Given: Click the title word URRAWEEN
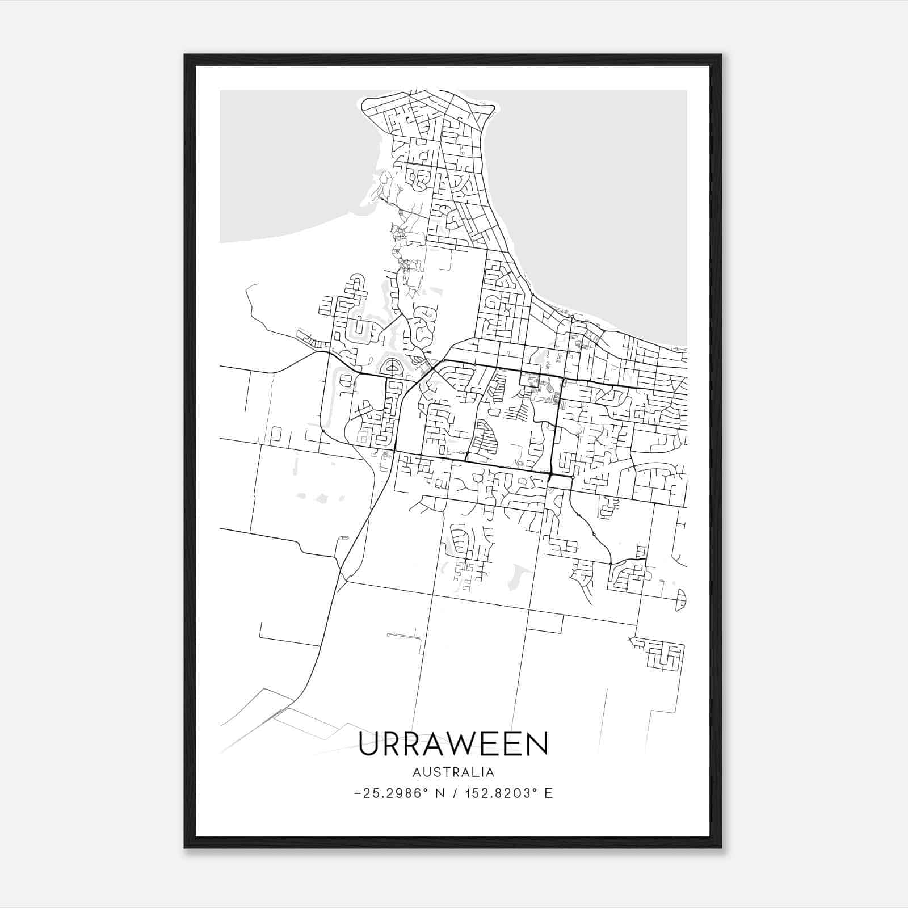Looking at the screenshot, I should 453,743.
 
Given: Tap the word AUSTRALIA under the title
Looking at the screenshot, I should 453,772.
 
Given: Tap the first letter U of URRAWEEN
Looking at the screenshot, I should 370,743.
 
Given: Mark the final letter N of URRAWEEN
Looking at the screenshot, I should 537,743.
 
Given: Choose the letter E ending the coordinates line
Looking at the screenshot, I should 549,793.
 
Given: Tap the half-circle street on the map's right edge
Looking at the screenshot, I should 682,599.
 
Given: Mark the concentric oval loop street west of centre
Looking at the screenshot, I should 392,368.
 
